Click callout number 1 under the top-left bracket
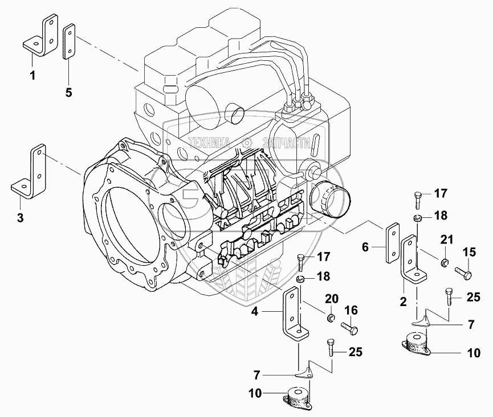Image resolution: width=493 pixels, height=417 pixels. click(32, 74)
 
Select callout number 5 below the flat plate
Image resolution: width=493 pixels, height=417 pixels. click(68, 92)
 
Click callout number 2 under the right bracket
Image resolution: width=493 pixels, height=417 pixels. click(402, 301)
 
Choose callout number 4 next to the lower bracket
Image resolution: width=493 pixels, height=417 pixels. click(255, 311)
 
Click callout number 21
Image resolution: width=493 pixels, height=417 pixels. click(446, 239)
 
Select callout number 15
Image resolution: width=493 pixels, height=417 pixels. click(468, 251)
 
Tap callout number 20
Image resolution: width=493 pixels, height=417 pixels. click(332, 299)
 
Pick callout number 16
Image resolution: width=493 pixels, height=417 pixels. click(351, 310)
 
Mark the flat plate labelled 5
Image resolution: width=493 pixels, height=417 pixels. click(68, 41)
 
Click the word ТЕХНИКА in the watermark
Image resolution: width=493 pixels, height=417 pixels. click(209, 143)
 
